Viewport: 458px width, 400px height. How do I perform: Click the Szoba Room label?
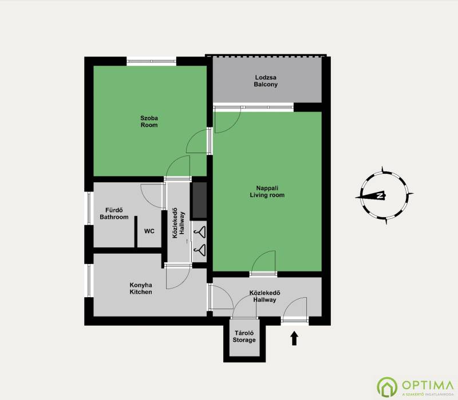point(149,122)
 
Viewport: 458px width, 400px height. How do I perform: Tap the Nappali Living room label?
point(267,191)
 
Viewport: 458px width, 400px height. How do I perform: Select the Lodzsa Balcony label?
point(266,81)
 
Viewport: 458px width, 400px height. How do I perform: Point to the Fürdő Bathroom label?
point(114,213)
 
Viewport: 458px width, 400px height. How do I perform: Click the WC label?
point(149,231)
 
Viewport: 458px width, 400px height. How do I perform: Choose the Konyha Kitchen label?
point(141,289)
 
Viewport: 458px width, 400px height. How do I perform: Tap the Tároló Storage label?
point(244,337)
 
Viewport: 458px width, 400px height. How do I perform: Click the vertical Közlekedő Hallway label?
point(179,223)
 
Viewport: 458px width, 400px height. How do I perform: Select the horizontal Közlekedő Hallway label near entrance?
point(264,296)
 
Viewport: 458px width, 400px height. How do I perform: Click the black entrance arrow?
point(294,338)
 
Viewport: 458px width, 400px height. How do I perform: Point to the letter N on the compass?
point(380,195)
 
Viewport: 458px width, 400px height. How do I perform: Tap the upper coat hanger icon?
point(200,232)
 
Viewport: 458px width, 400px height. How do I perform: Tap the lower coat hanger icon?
point(200,250)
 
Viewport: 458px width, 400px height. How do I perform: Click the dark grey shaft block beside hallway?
point(199,201)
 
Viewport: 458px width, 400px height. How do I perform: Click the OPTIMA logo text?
point(428,385)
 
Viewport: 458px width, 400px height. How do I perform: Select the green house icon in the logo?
point(387,387)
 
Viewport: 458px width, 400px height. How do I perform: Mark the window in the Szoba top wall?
point(151,61)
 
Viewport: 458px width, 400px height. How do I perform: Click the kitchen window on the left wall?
point(89,281)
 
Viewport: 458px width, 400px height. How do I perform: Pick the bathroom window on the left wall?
point(89,208)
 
